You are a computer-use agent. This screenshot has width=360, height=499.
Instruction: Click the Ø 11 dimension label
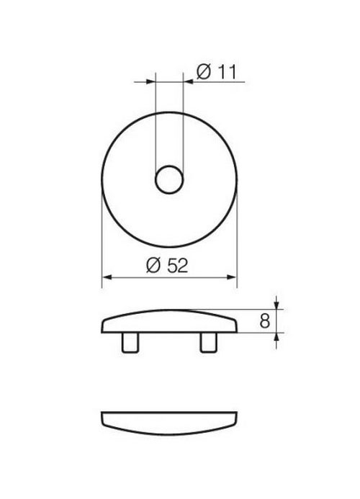coord(217,72)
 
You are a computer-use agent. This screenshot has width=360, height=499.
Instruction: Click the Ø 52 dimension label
coord(168,266)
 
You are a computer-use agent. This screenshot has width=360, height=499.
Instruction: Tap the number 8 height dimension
coord(265,321)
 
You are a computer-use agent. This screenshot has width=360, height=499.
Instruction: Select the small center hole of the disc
coord(169,179)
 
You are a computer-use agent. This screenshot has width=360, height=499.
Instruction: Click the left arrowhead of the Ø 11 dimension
coord(150,82)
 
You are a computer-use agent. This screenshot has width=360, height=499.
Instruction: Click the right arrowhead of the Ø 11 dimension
coord(189,82)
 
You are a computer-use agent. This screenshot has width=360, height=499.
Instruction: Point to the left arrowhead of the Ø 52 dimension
coord(107,277)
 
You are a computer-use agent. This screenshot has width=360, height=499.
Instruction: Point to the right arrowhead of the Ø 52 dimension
coord(232,277)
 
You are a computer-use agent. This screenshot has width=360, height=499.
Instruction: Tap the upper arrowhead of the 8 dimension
coord(276,304)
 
